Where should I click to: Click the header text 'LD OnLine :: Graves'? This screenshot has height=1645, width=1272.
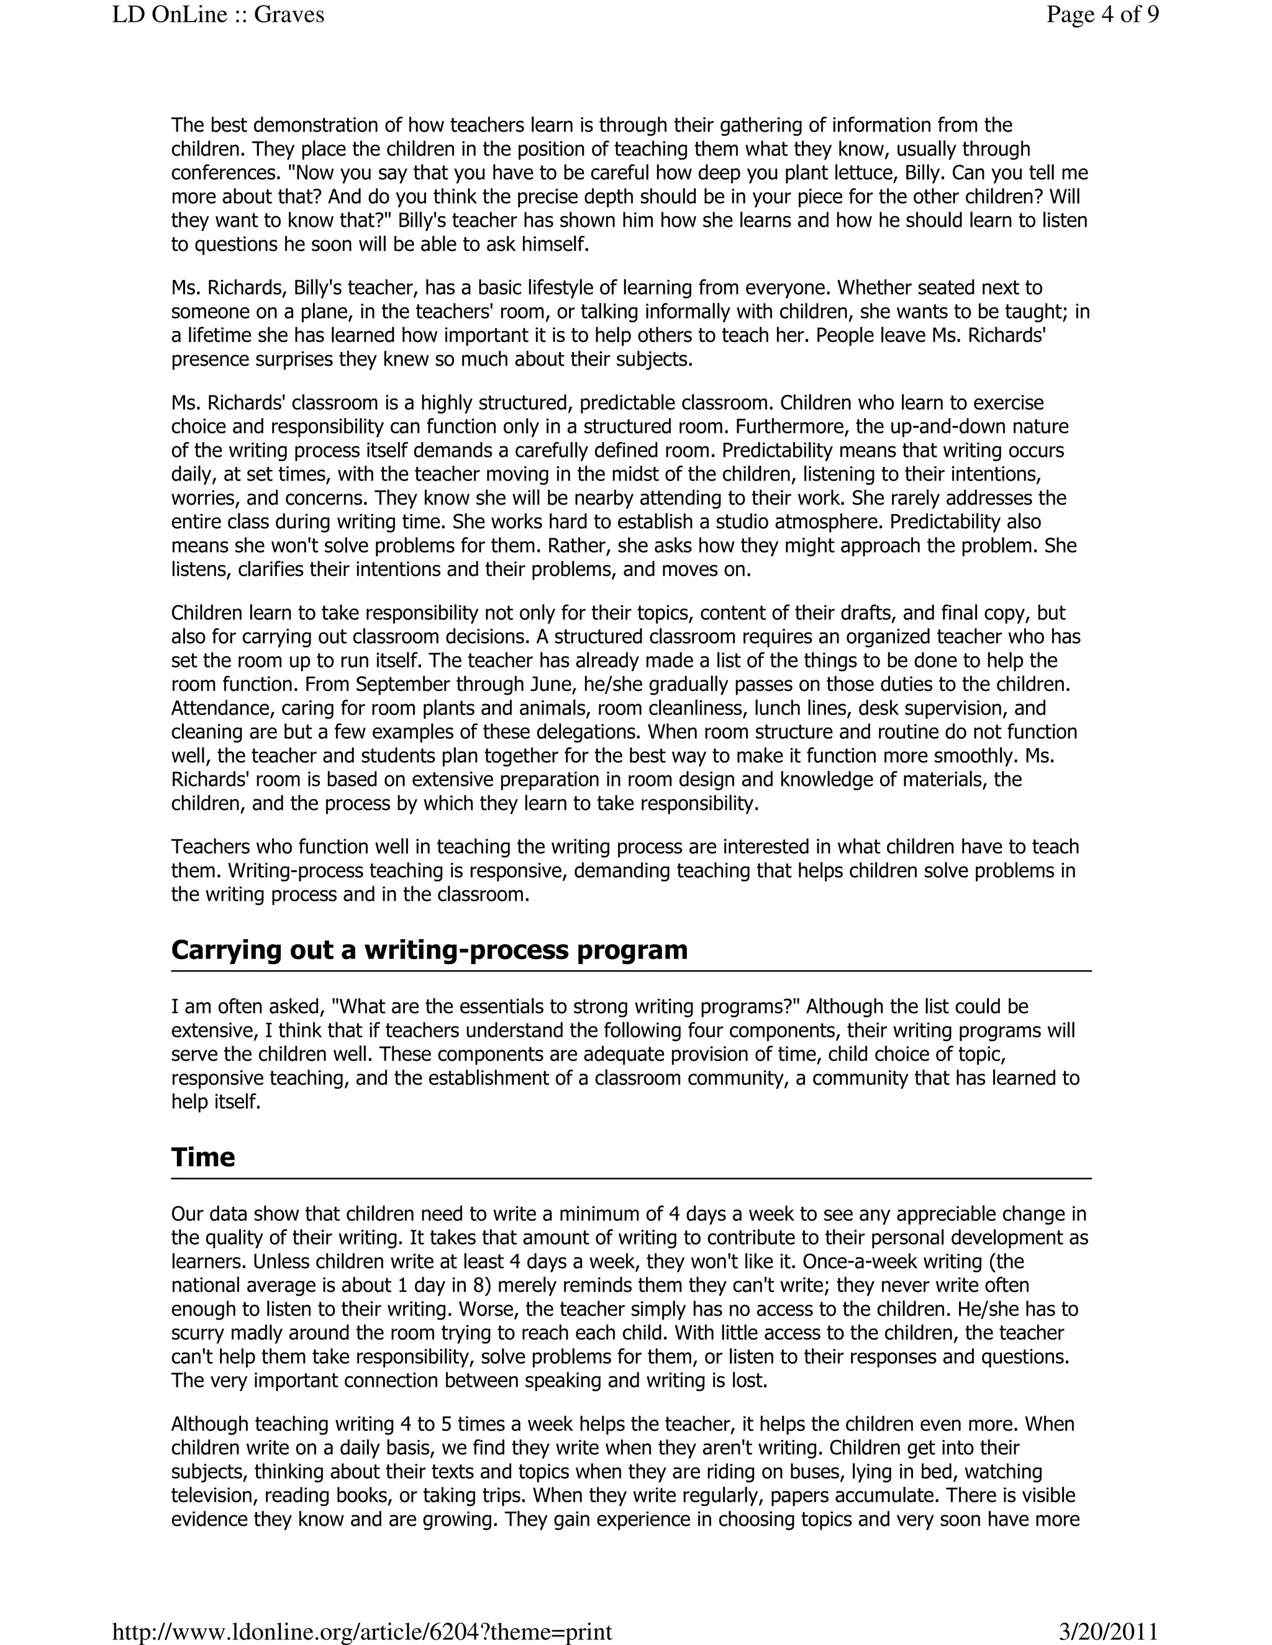(x=218, y=15)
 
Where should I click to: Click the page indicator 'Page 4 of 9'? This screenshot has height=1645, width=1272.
(x=1102, y=15)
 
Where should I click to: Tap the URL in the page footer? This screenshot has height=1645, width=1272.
(x=361, y=1631)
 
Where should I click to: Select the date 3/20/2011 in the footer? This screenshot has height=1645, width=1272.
(x=1108, y=1631)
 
